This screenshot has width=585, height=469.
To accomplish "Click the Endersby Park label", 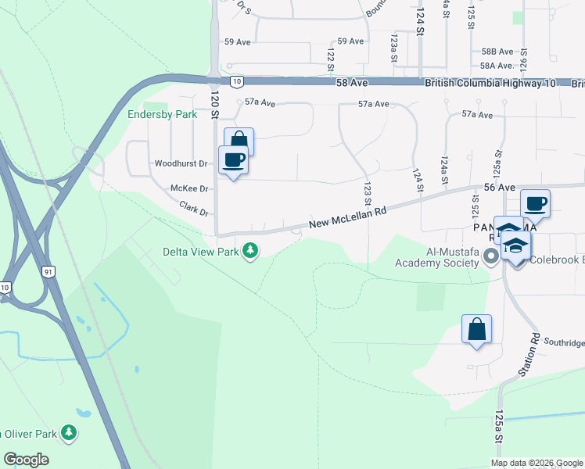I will click(x=163, y=114).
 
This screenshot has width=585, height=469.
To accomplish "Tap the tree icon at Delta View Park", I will click(x=250, y=251).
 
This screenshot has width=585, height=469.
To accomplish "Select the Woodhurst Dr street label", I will click(x=181, y=164).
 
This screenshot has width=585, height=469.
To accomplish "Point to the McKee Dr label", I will click(x=189, y=188).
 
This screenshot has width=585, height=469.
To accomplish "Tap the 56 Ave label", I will click(x=499, y=188).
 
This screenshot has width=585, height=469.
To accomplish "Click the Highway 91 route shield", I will click(x=48, y=271).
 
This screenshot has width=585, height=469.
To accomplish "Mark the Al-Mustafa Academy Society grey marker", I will click(x=491, y=256).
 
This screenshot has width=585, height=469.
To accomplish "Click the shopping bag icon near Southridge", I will click(x=476, y=330).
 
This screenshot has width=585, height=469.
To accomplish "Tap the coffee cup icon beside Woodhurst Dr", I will click(x=234, y=160).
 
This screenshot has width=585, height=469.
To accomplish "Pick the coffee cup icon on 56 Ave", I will click(x=536, y=204).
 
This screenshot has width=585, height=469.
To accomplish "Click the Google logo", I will click(x=27, y=460).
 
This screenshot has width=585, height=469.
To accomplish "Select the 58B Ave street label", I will click(x=497, y=51).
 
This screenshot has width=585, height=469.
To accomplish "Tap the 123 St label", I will click(x=366, y=189).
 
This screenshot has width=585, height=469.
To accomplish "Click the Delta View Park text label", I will click(x=201, y=252).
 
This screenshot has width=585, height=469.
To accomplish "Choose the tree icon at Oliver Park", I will click(x=70, y=432).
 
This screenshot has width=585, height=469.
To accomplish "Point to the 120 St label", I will click(x=214, y=104).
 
